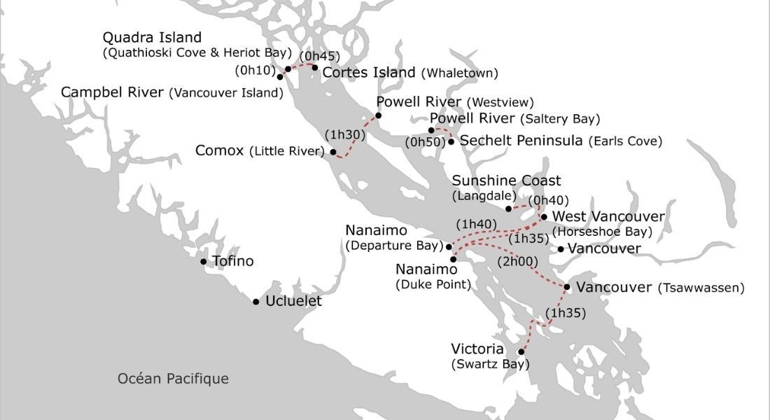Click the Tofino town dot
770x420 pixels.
coord(204,262)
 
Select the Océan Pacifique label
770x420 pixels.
coord(173,379)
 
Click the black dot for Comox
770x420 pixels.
coord(333,152)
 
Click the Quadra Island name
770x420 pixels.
coord(152,37)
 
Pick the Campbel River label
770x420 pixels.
coord(113,92)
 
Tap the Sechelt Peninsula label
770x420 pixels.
coord(521,141)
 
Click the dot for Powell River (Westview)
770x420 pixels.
coord(379,115)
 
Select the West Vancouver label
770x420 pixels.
coord(608,217)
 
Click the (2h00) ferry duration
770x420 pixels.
coord(517,262)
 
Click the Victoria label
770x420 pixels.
coord(477,349)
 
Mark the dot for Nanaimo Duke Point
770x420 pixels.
coord(453,259)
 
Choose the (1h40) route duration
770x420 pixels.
coord(476,225)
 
